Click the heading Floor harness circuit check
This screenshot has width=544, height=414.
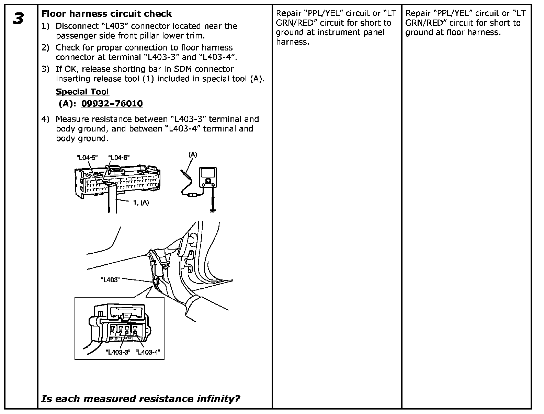tap(106, 14)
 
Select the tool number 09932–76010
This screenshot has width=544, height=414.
tap(112, 103)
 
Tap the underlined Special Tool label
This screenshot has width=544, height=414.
tap(82, 92)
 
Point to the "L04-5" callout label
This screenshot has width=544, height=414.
tap(87, 158)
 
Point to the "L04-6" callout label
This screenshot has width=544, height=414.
tap(119, 158)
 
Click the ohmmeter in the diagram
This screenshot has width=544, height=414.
tap(208, 178)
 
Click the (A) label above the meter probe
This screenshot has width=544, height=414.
tap(193, 154)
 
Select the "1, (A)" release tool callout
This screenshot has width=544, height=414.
tap(141, 203)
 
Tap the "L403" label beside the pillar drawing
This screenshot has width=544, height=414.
tap(110, 280)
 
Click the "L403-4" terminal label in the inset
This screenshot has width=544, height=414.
tap(148, 352)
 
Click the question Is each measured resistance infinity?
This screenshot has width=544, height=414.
tap(140, 399)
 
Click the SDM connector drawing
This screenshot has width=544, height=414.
tap(117, 182)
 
